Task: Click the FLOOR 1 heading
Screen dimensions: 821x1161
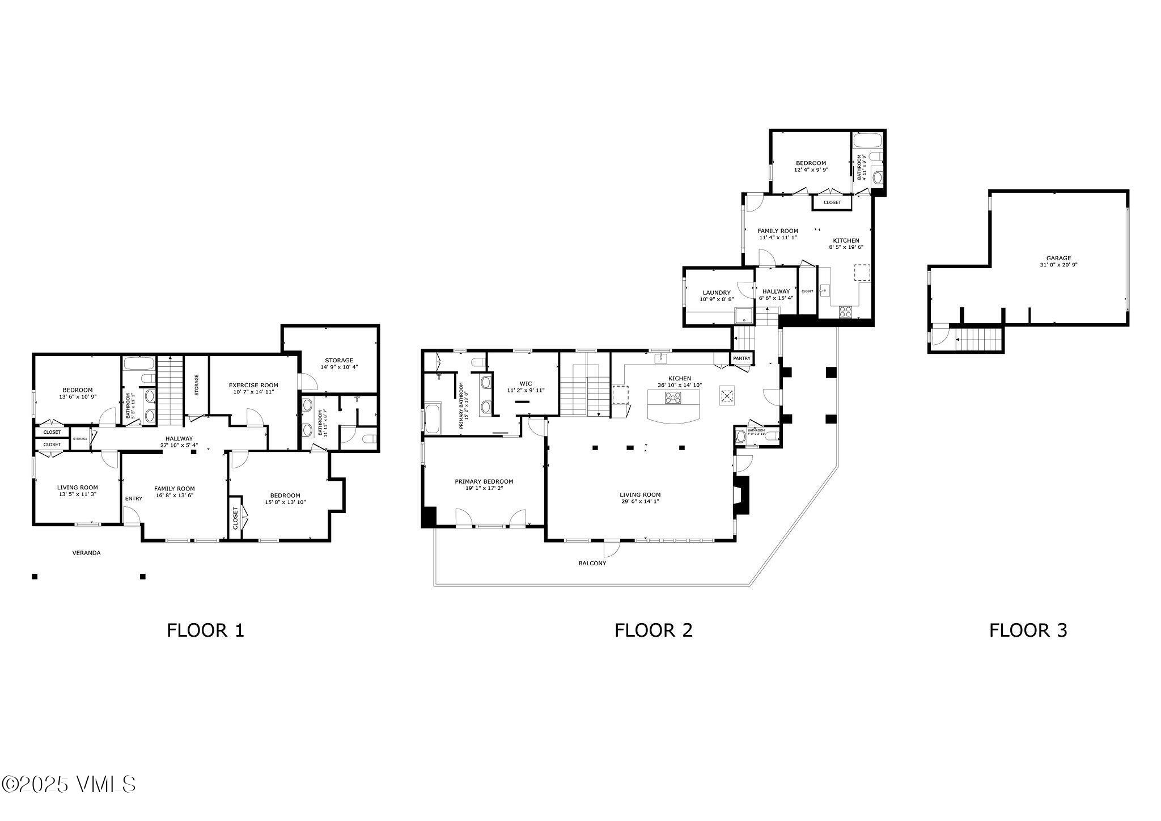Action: coord(205,630)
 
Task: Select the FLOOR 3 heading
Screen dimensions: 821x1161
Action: coord(1028,630)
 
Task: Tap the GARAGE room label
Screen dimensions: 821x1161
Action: coord(1058,258)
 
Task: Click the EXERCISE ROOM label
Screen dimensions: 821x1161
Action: coord(253,385)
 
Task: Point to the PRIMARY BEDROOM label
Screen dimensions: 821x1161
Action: coord(484,481)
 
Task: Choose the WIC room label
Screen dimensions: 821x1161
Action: coord(526,383)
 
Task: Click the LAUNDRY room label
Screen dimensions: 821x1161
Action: coord(717,293)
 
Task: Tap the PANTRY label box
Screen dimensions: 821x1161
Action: coord(741,358)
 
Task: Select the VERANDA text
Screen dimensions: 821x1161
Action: coord(86,553)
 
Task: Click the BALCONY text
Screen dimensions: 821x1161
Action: coord(592,564)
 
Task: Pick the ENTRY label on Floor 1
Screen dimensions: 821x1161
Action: coord(134,498)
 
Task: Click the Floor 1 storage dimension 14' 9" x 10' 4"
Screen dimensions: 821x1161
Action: coord(338,367)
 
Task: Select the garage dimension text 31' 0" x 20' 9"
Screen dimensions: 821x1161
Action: coord(1058,265)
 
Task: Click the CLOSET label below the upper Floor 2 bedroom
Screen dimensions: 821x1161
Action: coord(832,202)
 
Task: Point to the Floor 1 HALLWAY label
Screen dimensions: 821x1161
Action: coord(179,438)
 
